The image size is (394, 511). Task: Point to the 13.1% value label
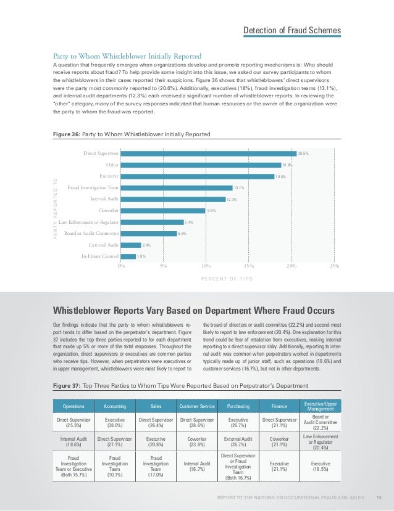point(239,188)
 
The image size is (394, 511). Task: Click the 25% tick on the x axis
point(334,266)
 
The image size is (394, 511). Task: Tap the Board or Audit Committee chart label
point(91,233)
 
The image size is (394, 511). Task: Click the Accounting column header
point(113,406)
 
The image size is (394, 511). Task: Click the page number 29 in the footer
point(379,498)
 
